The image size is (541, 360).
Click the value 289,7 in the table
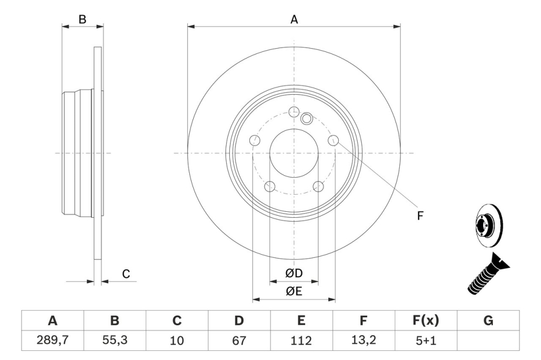pyautogui.click(x=52, y=341)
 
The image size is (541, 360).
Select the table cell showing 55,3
pyautogui.click(x=115, y=341)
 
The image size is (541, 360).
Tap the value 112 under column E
pyautogui.click(x=301, y=341)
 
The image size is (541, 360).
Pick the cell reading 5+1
pyautogui.click(x=426, y=341)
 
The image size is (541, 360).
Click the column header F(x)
pyautogui.click(x=426, y=321)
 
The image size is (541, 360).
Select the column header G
pyautogui.click(x=488, y=321)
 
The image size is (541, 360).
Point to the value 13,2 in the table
pyautogui.click(x=364, y=341)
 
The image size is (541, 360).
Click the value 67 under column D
pyautogui.click(x=239, y=341)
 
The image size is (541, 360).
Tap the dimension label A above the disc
pyautogui.click(x=294, y=19)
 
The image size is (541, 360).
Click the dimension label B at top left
pyautogui.click(x=82, y=19)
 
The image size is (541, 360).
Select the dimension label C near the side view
pyautogui.click(x=126, y=274)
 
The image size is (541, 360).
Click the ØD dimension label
pyautogui.click(x=294, y=274)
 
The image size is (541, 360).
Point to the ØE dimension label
pyautogui.click(x=294, y=291)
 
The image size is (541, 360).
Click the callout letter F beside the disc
pyautogui.click(x=420, y=215)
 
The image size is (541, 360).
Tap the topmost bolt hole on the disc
pyautogui.click(x=294, y=112)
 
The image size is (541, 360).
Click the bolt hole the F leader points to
pyautogui.click(x=333, y=141)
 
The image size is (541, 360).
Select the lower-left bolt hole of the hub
pyautogui.click(x=269, y=187)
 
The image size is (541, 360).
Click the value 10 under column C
pyautogui.click(x=177, y=341)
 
